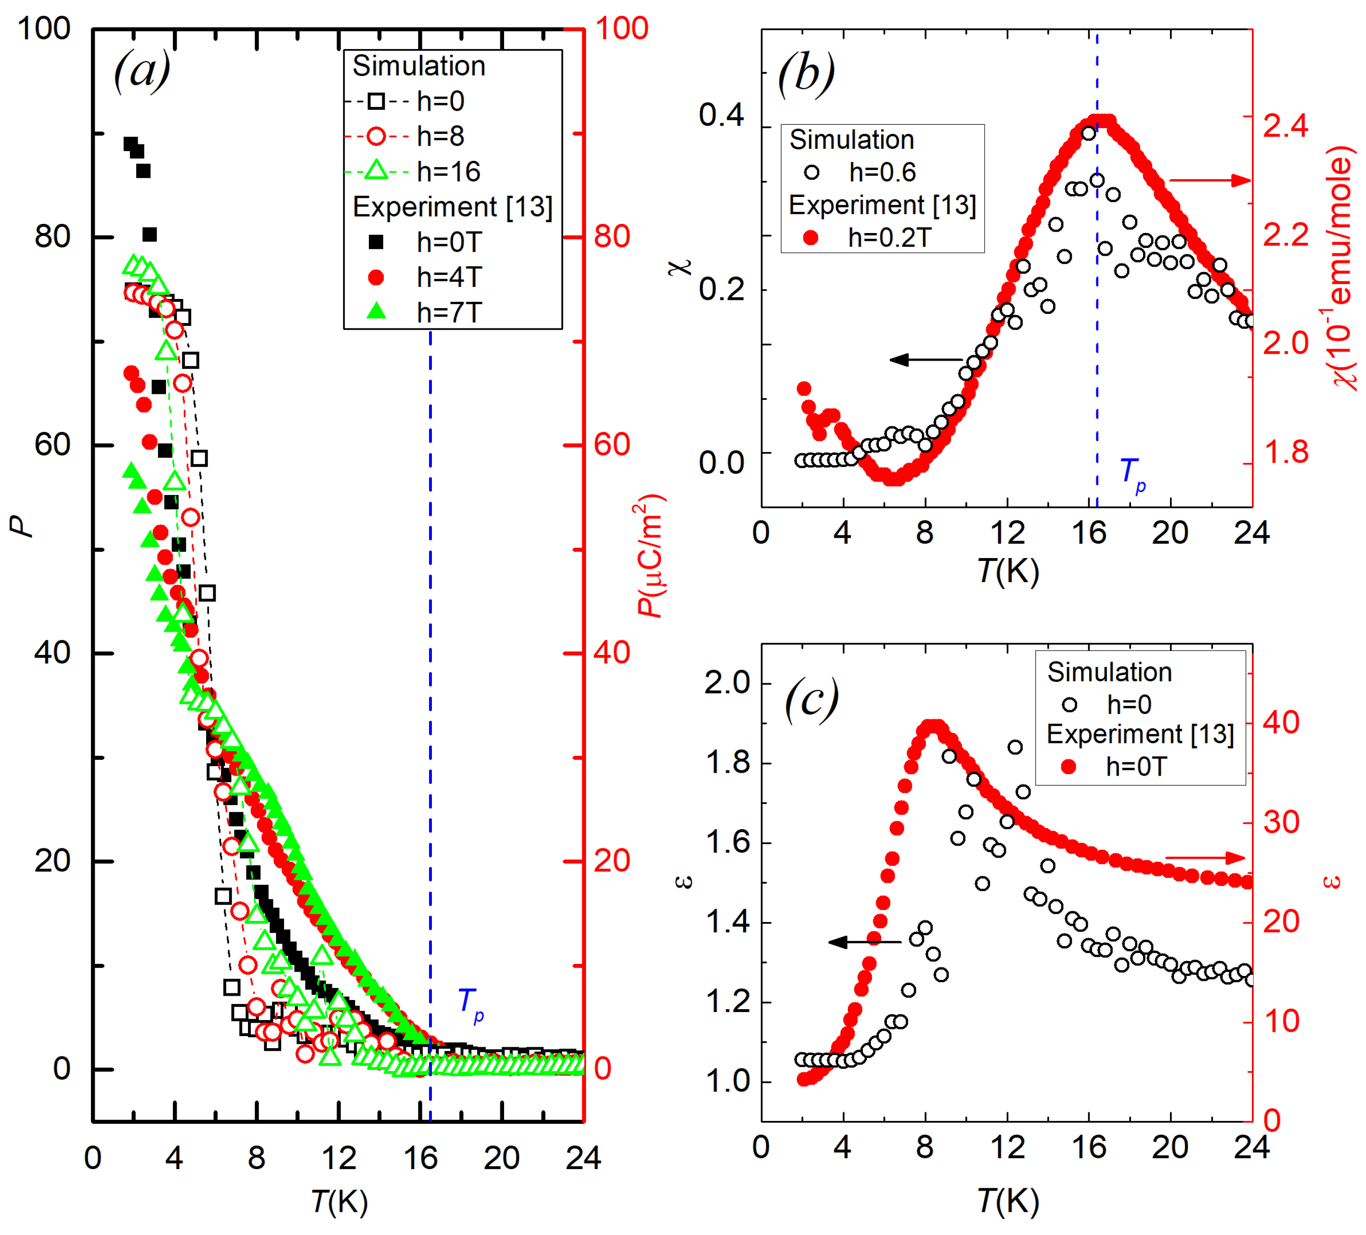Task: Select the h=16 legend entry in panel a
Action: pos(448,171)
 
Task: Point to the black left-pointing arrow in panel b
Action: pos(925,360)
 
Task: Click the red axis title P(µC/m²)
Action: pos(650,556)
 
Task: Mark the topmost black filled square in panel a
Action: pos(130,143)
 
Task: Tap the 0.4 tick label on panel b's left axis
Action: pos(721,115)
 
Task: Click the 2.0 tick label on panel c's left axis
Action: pos(727,683)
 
